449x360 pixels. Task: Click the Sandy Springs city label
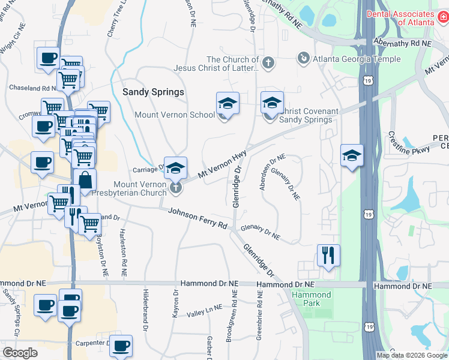tap(153, 92)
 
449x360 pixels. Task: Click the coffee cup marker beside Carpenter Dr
tap(121, 345)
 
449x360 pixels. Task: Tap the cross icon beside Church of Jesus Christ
tap(268, 62)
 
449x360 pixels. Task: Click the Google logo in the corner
tap(20, 353)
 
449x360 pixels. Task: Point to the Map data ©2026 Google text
tap(411, 355)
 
